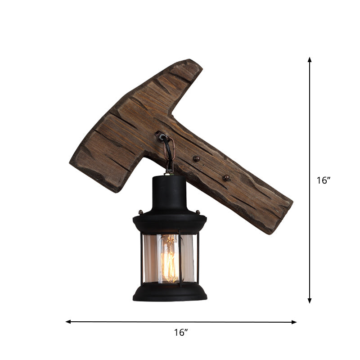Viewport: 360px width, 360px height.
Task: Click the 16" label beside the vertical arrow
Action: tap(323, 180)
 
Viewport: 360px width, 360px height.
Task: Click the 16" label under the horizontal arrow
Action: tap(180, 333)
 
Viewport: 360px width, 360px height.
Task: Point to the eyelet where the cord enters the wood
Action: tap(161, 135)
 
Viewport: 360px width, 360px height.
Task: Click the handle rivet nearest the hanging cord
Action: tap(196, 158)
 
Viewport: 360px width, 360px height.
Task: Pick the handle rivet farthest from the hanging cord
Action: tap(226, 178)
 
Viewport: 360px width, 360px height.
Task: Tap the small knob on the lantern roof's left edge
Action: tap(140, 211)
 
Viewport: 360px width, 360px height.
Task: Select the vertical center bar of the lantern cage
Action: tap(179, 259)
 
